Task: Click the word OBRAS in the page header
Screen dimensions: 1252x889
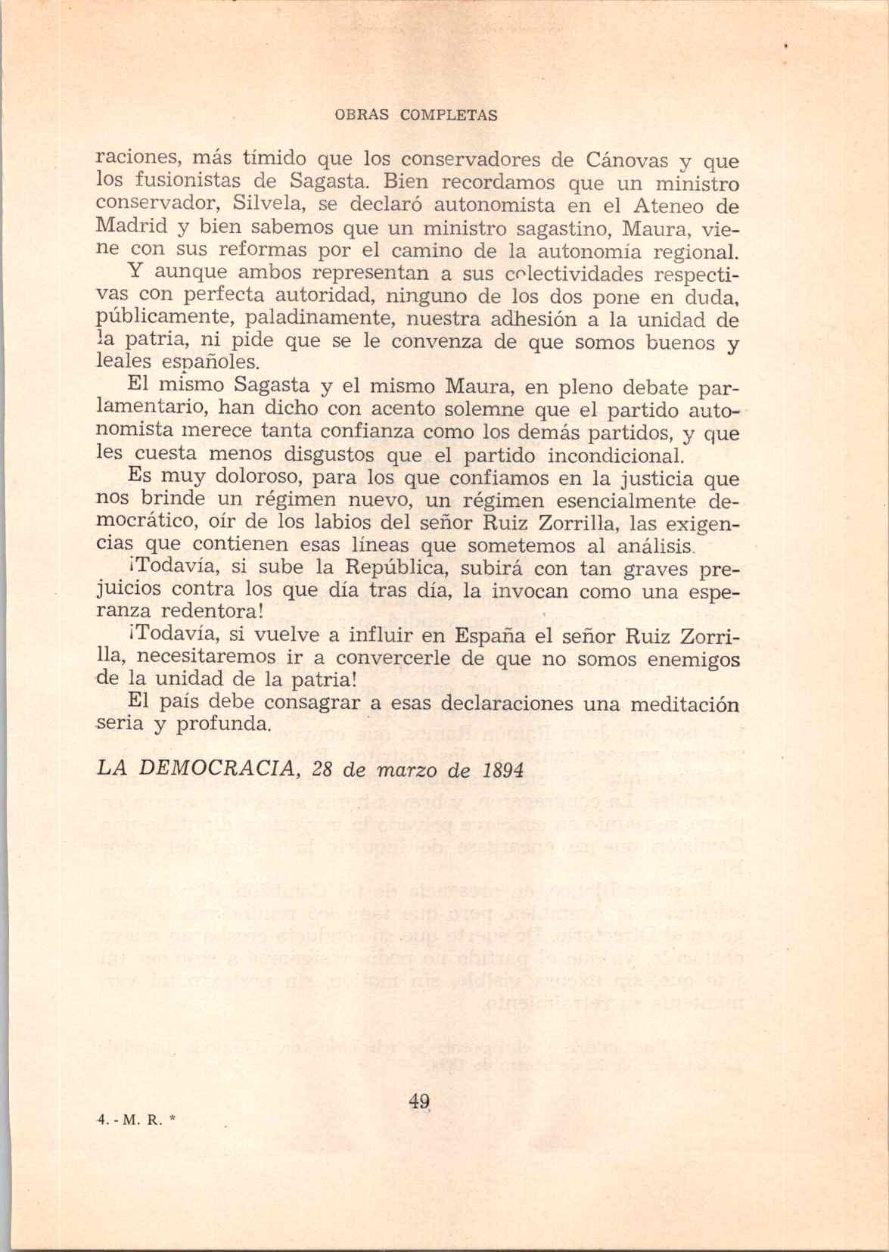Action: point(362,115)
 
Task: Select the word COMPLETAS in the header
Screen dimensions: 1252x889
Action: point(449,115)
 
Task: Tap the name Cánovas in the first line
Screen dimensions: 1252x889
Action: point(625,160)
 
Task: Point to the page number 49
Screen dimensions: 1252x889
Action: point(418,1102)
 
